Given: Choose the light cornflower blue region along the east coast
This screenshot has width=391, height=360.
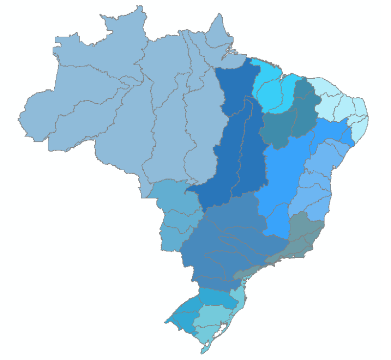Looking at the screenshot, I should pos(318,186).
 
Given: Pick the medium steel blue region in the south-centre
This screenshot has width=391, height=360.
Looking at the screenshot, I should pos(230,240).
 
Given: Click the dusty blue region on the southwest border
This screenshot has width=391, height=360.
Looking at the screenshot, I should pos(176,215).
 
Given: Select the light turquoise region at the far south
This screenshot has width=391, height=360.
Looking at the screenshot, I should pos(215,318).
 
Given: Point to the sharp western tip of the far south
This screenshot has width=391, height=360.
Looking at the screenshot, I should pos(165,321).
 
